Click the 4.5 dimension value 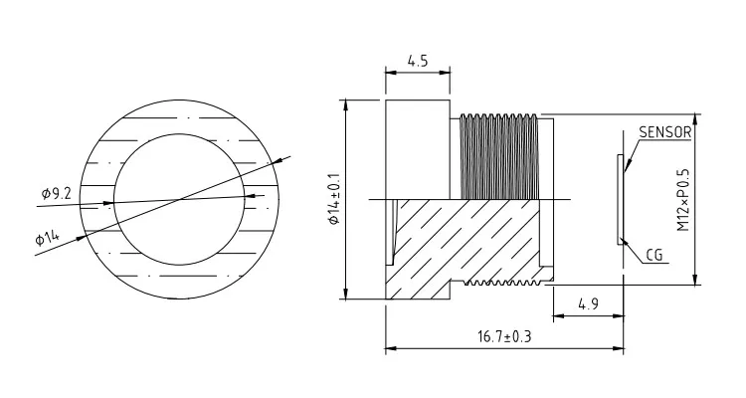[x=417, y=61]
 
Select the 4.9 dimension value [x=588, y=303]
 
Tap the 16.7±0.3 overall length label [x=504, y=336]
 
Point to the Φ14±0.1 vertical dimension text [x=334, y=199]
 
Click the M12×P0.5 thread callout [x=683, y=199]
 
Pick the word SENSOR [x=664, y=132]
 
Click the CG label [x=654, y=256]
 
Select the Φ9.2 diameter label [x=56, y=193]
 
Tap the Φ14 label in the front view [x=47, y=238]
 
